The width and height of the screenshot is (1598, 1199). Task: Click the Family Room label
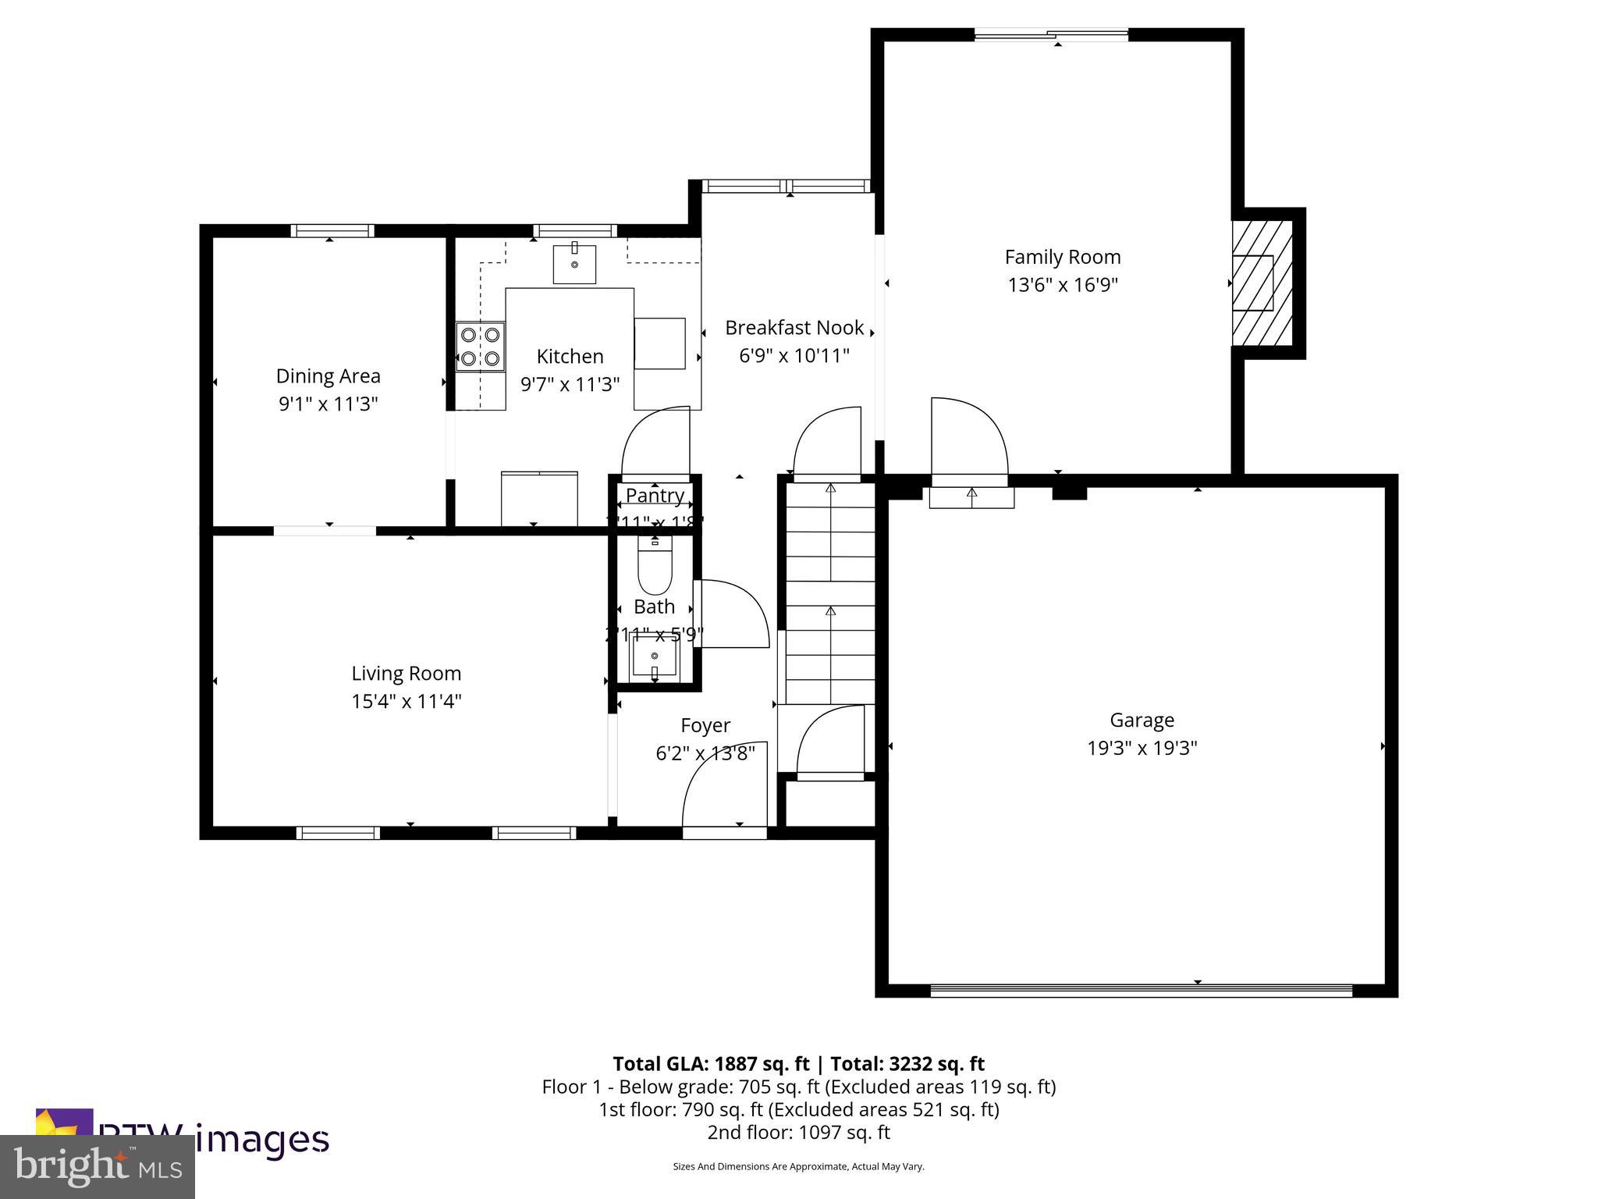pos(1062,257)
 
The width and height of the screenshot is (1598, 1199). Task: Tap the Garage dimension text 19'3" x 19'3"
pos(1142,748)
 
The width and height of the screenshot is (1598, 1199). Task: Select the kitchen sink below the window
pos(574,264)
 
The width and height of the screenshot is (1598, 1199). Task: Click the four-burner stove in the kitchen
pos(480,347)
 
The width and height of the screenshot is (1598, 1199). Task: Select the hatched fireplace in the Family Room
pos(1261,283)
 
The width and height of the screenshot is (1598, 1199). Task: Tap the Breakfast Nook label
pos(794,328)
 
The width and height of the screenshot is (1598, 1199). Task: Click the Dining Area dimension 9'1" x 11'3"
pos(328,404)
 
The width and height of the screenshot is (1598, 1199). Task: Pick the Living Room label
pos(406,673)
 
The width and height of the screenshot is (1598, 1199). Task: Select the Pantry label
pos(655,495)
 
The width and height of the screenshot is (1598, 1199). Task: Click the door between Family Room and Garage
pos(970,437)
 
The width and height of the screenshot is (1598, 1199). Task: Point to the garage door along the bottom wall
pos(1141,990)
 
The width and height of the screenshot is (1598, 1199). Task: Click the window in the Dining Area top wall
pos(332,230)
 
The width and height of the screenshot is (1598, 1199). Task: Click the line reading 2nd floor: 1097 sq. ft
pos(798,1132)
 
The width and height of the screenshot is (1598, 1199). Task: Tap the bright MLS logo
pos(98,1165)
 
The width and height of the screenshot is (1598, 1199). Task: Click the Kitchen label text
pos(570,357)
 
